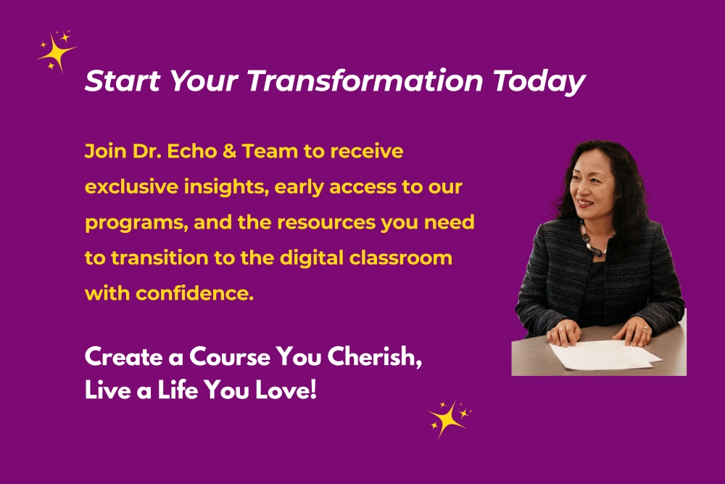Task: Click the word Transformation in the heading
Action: tap(365, 81)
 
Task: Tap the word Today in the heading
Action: tap(539, 83)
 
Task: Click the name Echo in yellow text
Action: tap(191, 152)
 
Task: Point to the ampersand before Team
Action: tap(229, 152)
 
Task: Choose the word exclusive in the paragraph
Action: tap(132, 187)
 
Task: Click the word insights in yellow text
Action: tap(226, 188)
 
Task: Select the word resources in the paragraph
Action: tap(326, 223)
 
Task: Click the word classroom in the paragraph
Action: tap(400, 258)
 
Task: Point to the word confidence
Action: tap(194, 293)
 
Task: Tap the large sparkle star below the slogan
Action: tap(447, 419)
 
